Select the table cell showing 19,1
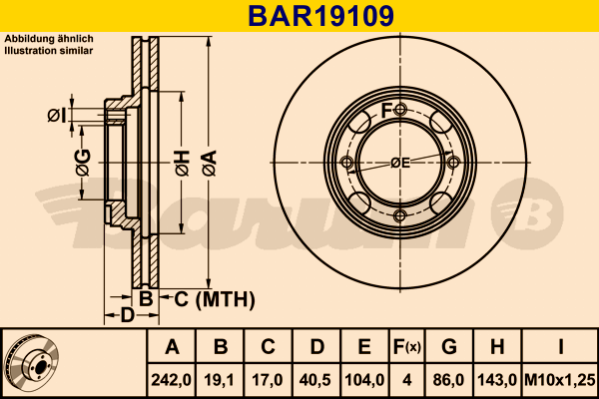pos(221,379)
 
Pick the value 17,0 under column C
pos(269,379)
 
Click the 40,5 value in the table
pos(316,379)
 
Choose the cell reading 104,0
pos(364,379)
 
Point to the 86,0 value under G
pos(449,379)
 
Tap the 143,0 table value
pos(498,379)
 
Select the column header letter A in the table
pos(173,347)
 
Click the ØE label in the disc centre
pos(399,163)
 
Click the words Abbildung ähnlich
pos(49,38)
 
